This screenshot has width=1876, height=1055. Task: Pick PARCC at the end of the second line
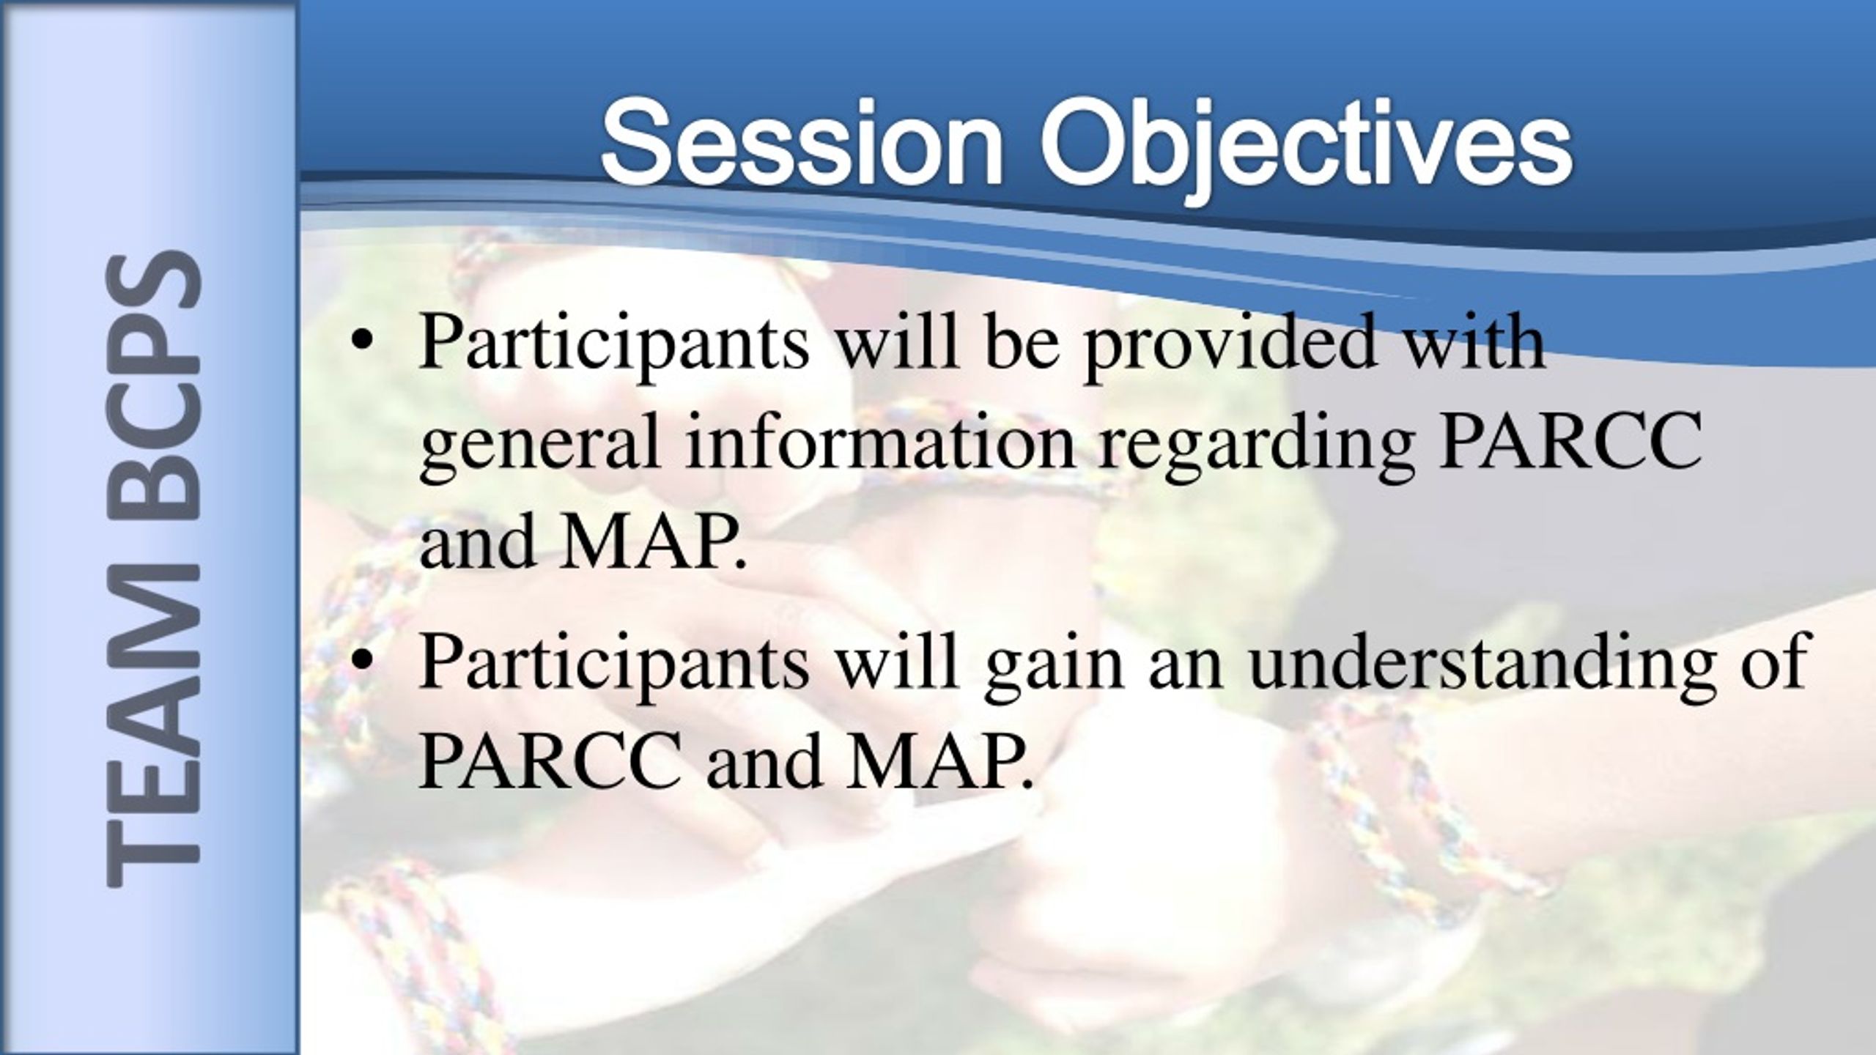(1572, 443)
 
